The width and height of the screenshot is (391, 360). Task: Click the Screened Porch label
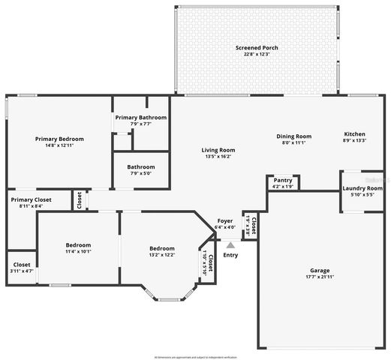(x=257, y=47)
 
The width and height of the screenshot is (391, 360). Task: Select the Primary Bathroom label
(x=140, y=118)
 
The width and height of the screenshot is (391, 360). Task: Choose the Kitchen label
(x=354, y=133)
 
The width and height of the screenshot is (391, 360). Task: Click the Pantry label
(x=283, y=180)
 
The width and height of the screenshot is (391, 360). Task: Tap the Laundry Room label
(x=362, y=189)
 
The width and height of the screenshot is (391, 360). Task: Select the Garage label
(x=320, y=270)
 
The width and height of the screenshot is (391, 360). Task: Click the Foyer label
(x=224, y=220)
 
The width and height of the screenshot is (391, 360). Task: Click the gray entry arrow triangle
(x=230, y=244)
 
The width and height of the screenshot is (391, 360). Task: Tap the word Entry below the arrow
(x=230, y=255)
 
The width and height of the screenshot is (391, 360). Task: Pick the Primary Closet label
(x=30, y=199)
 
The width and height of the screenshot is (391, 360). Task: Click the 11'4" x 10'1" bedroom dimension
(x=78, y=251)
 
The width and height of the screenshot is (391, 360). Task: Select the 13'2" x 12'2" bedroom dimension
(x=161, y=255)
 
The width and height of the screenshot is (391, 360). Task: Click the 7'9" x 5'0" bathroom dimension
(x=140, y=173)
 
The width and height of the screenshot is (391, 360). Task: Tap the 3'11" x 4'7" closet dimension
(x=22, y=271)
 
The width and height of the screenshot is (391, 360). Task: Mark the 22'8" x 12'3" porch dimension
(x=257, y=54)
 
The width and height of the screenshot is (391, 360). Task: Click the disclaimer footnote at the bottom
(x=194, y=356)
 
